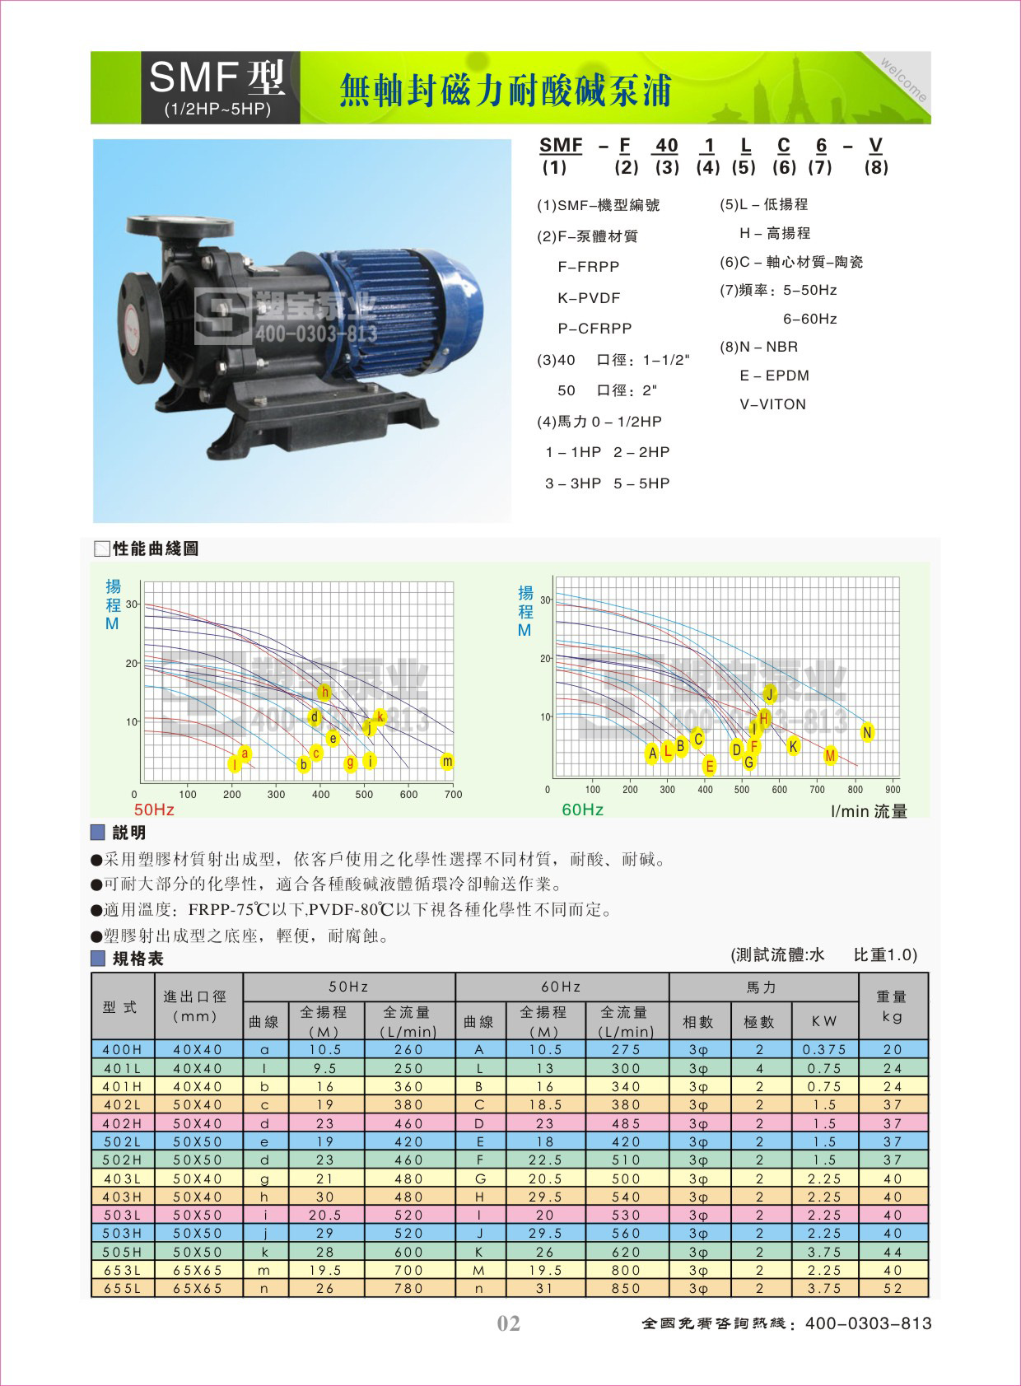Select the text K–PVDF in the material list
click(589, 298)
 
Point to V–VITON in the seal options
click(772, 404)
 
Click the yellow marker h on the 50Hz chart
click(324, 692)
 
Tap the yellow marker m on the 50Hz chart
click(446, 762)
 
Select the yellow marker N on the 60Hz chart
click(866, 732)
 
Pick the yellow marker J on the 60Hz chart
click(770, 693)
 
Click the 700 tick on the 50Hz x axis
click(453, 795)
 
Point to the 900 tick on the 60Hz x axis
click(893, 790)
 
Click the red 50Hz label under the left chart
click(154, 810)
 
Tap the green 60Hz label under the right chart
click(582, 810)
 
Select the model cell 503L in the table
click(122, 1215)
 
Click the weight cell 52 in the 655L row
click(893, 1288)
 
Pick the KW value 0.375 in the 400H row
click(824, 1050)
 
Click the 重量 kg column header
click(893, 1006)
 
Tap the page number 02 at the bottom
click(509, 1323)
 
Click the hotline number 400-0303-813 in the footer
click(868, 1323)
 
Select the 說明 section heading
click(128, 833)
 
